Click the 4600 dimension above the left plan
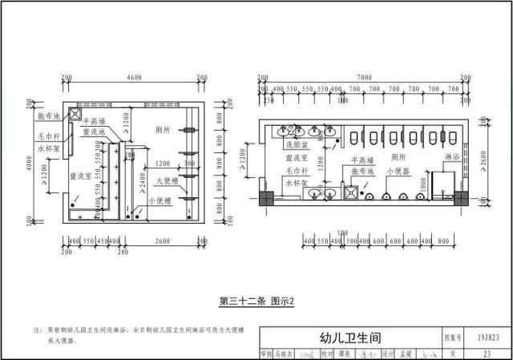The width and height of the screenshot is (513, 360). click(133, 77)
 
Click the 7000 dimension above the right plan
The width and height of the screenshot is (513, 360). click(364, 77)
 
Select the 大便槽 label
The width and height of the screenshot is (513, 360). click(167, 181)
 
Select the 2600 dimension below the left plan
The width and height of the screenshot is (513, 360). click(162, 241)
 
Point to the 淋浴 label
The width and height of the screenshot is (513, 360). click(452, 159)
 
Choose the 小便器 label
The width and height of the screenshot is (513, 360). click(398, 171)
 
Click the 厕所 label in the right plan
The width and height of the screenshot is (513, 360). click(398, 158)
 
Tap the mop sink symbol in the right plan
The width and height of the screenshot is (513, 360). click(350, 192)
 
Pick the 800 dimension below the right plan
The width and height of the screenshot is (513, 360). click(443, 241)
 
